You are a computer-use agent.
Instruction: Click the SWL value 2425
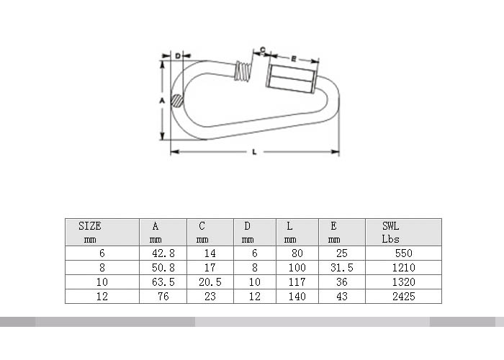tap(404, 297)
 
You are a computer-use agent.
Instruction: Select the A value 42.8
tap(163, 253)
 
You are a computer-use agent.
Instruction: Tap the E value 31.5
tap(342, 268)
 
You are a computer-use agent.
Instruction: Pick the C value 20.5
tap(210, 282)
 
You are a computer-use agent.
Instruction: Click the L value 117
tap(297, 282)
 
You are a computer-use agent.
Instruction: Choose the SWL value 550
tap(404, 253)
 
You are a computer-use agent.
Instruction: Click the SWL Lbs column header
tap(390, 233)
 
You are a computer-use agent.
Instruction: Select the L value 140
tap(297, 297)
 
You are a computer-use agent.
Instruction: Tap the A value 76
tap(163, 297)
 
